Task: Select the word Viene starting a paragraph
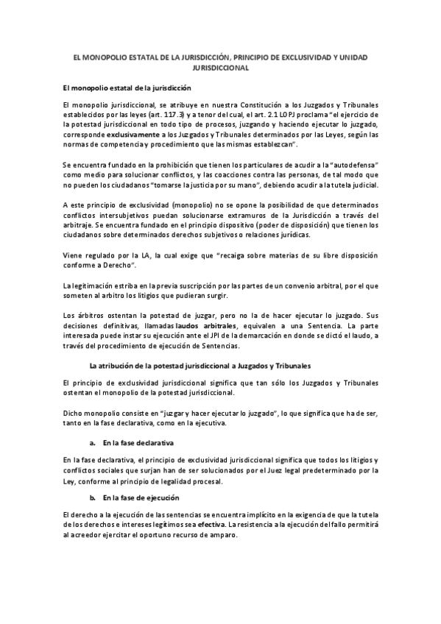point(75,255)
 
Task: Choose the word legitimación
point(96,284)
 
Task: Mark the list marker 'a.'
point(93,443)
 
